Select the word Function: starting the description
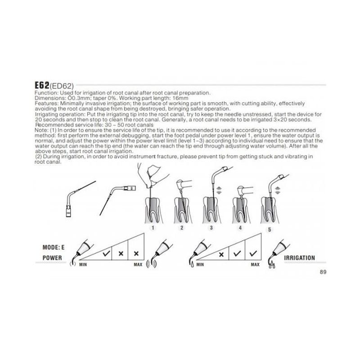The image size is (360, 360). (x=46, y=92)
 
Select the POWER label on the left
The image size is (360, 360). (x=48, y=259)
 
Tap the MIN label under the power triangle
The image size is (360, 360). (x=83, y=265)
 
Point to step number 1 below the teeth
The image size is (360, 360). (x=153, y=228)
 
